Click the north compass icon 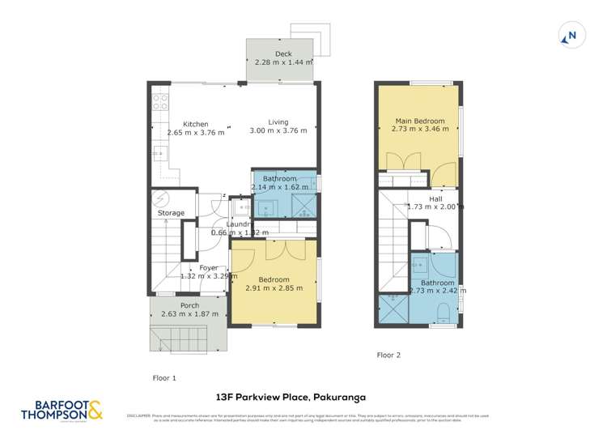[571, 36]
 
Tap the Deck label [283, 53]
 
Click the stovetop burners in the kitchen [160, 103]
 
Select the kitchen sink [158, 151]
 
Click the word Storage [171, 213]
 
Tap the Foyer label [208, 267]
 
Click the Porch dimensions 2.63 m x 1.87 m [189, 314]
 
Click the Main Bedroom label [419, 121]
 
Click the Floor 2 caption [388, 355]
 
